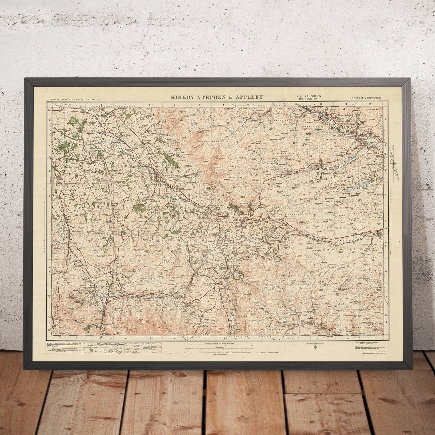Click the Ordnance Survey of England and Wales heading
76,99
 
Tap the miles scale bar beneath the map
219,347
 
